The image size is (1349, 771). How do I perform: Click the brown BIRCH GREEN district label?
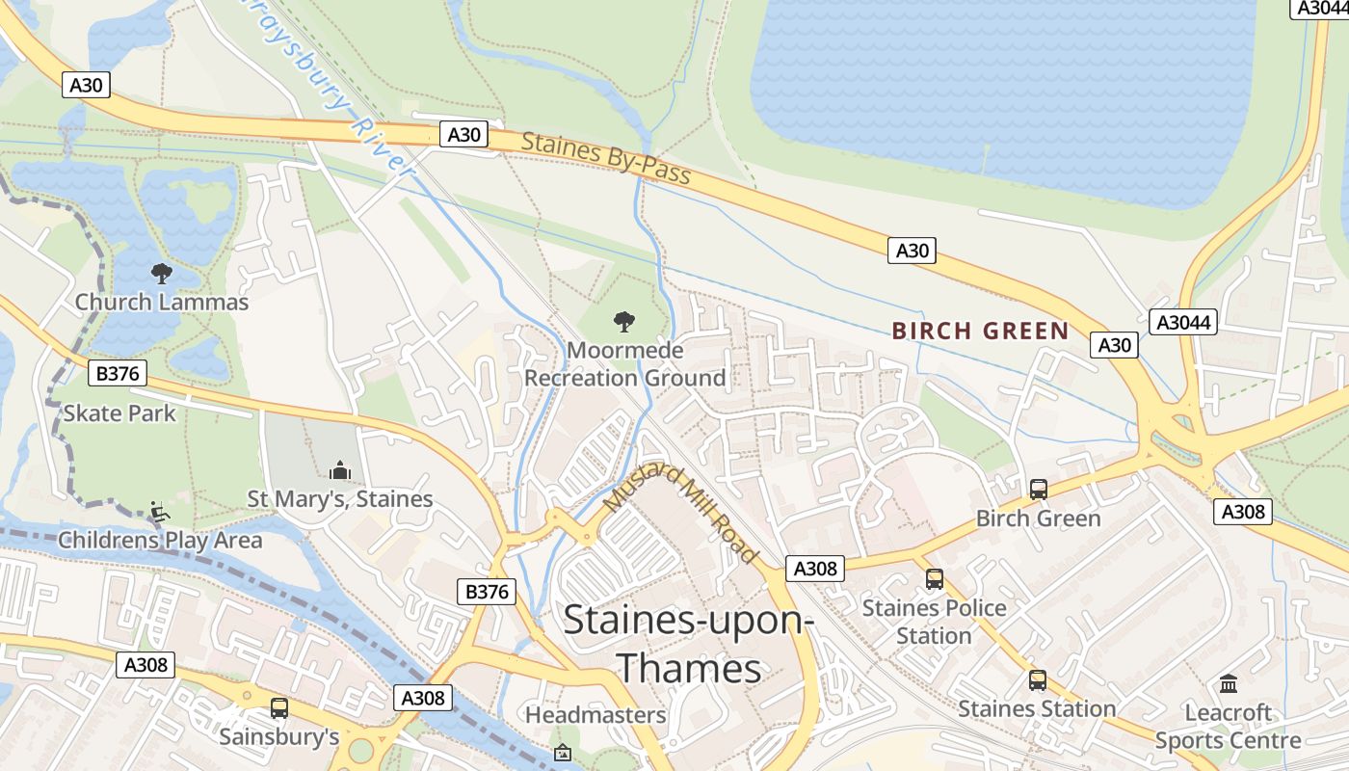(980, 332)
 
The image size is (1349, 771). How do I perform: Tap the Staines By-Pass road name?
(606, 157)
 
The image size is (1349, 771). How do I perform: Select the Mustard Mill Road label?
(681, 514)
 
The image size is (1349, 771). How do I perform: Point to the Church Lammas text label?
(162, 302)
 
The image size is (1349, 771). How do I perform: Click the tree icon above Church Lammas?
(162, 274)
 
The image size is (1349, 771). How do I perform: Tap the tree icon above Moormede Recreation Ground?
(624, 321)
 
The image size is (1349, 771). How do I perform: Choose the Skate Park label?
(119, 413)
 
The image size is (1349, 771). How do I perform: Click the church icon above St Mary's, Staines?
(339, 470)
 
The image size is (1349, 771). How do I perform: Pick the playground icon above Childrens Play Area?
(160, 512)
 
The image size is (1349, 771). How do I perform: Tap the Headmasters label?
(595, 715)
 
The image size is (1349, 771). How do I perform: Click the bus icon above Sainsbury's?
(279, 708)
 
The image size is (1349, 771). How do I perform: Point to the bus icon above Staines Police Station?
(934, 579)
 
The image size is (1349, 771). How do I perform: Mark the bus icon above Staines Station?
(1037, 680)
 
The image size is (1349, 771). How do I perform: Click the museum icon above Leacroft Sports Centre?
(1229, 684)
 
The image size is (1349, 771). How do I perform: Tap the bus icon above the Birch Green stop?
(1038, 490)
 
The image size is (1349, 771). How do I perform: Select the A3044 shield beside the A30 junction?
(1182, 322)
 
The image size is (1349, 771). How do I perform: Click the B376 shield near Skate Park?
(117, 373)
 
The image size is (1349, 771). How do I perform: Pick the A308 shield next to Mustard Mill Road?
(815, 569)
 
